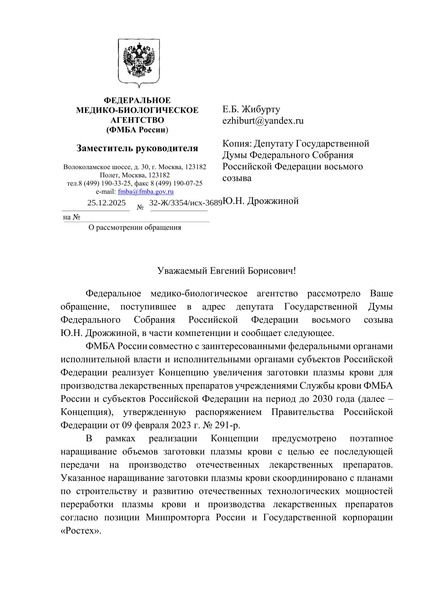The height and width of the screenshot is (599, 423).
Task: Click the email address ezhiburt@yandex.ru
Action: pyautogui.click(x=263, y=121)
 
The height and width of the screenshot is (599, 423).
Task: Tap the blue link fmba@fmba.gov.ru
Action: pyautogui.click(x=146, y=192)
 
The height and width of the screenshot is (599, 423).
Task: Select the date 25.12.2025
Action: pyautogui.click(x=106, y=203)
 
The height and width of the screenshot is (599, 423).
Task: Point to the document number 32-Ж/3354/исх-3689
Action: pyautogui.click(x=186, y=203)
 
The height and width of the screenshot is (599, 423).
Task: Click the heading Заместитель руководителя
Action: pyautogui.click(x=137, y=148)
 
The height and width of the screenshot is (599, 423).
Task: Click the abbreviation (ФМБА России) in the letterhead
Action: pyautogui.click(x=137, y=130)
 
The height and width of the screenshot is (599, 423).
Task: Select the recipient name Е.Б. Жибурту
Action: pyautogui.click(x=251, y=109)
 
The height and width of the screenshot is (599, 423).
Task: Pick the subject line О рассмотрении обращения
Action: pyautogui.click(x=135, y=227)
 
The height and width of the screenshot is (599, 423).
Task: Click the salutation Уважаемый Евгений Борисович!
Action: pyautogui.click(x=227, y=271)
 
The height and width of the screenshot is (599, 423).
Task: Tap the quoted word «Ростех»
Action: pyautogui.click(x=81, y=531)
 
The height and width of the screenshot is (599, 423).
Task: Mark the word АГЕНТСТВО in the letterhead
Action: pyautogui.click(x=137, y=120)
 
